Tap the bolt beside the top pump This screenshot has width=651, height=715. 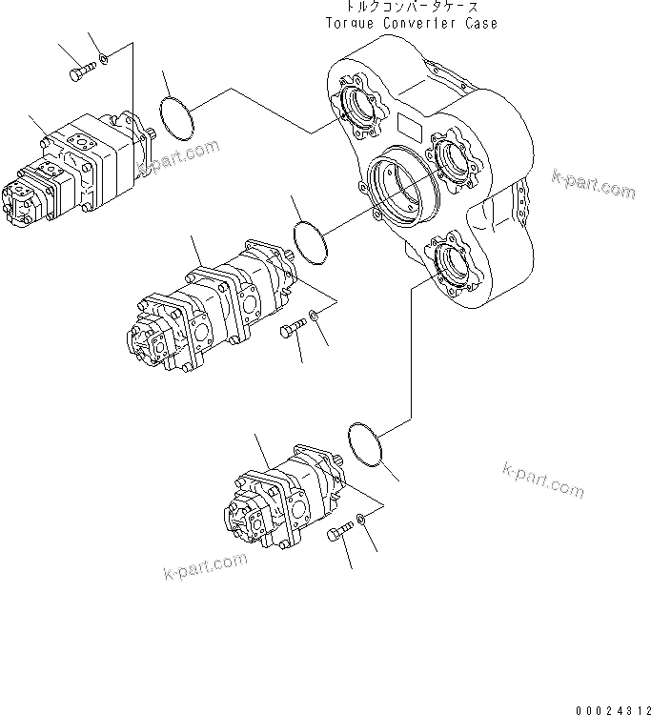pyautogui.click(x=83, y=69)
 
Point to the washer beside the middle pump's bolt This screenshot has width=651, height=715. pyautogui.click(x=315, y=317)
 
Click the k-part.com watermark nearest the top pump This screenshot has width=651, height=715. pyautogui.click(x=178, y=158)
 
